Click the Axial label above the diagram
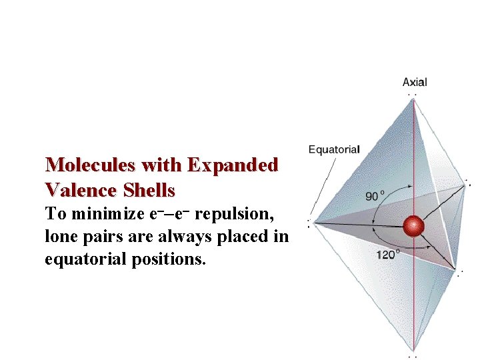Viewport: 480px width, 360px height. pos(415,83)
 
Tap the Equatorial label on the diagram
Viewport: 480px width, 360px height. pos(333,149)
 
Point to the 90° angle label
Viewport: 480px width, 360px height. pos(375,196)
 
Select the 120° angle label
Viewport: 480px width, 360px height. pos(388,254)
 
